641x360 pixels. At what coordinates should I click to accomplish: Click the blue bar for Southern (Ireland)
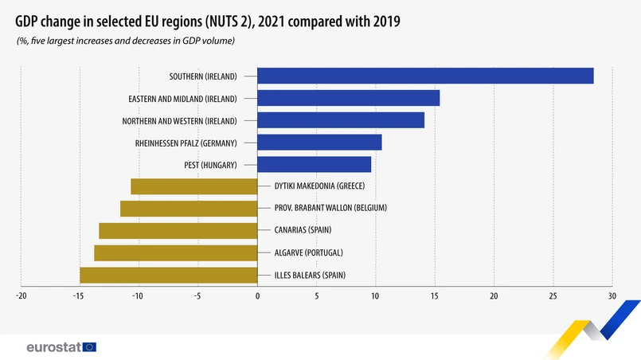point(425,76)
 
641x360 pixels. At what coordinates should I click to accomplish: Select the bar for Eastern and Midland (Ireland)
point(348,98)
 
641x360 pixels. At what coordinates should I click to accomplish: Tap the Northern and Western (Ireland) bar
point(341,120)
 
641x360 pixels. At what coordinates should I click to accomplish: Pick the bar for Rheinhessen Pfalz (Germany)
point(319,143)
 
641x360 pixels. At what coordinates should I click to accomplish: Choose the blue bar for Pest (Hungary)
point(314,165)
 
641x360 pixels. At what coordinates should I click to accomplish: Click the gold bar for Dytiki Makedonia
point(193,187)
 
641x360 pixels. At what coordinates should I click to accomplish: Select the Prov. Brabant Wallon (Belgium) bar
point(189,209)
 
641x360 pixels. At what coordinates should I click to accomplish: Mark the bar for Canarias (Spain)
point(178,231)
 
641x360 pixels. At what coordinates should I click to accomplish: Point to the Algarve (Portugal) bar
point(175,253)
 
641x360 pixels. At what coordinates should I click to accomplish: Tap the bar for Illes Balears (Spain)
point(168,276)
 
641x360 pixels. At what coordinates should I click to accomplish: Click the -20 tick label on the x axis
point(21,296)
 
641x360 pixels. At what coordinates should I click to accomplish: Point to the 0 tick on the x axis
point(257,296)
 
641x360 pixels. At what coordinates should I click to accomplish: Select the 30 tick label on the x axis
point(612,296)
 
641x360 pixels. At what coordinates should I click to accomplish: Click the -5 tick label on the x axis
point(197,296)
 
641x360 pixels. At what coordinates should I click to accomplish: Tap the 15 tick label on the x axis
point(435,296)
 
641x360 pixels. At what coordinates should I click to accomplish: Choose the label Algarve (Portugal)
point(308,253)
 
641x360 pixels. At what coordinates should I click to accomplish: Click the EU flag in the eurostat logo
point(88,347)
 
